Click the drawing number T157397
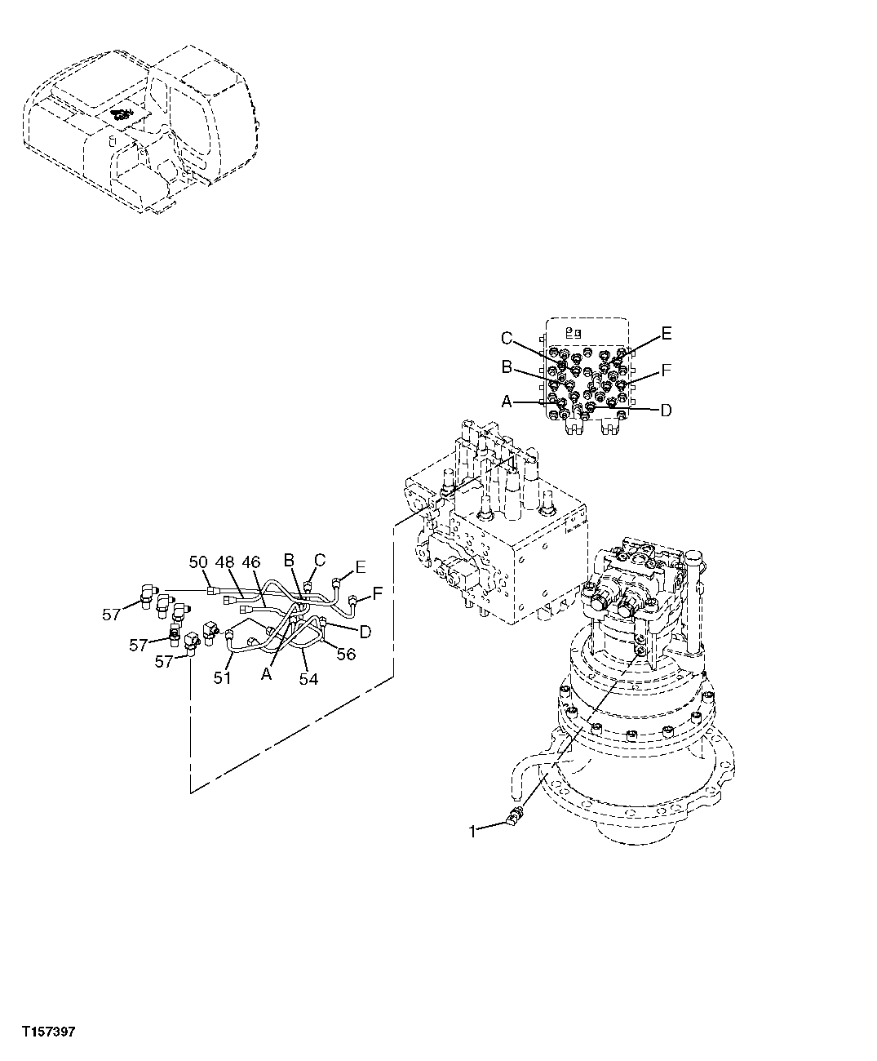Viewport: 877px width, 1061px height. pyautogui.click(x=48, y=1032)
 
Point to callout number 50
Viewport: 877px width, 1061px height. pyautogui.click(x=198, y=562)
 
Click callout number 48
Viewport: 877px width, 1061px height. pyautogui.click(x=224, y=562)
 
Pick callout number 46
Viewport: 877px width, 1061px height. pyautogui.click(x=250, y=562)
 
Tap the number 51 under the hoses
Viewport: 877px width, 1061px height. pyautogui.click(x=223, y=677)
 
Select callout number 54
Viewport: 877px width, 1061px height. pyautogui.click(x=308, y=678)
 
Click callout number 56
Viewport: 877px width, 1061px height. pyautogui.click(x=347, y=654)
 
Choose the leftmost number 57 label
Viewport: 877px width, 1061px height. pyautogui.click(x=112, y=615)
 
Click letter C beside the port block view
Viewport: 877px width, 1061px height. pyautogui.click(x=507, y=338)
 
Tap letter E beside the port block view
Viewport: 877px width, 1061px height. pyautogui.click(x=667, y=333)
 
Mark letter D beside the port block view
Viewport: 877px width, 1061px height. pyautogui.click(x=666, y=410)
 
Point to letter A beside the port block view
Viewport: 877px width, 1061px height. pyautogui.click(x=507, y=402)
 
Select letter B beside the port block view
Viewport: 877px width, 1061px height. pyautogui.click(x=507, y=368)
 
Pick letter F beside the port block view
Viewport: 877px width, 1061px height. pyautogui.click(x=667, y=371)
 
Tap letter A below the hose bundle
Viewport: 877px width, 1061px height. pyautogui.click(x=267, y=673)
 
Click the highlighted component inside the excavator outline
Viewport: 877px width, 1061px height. pyautogui.click(x=121, y=117)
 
